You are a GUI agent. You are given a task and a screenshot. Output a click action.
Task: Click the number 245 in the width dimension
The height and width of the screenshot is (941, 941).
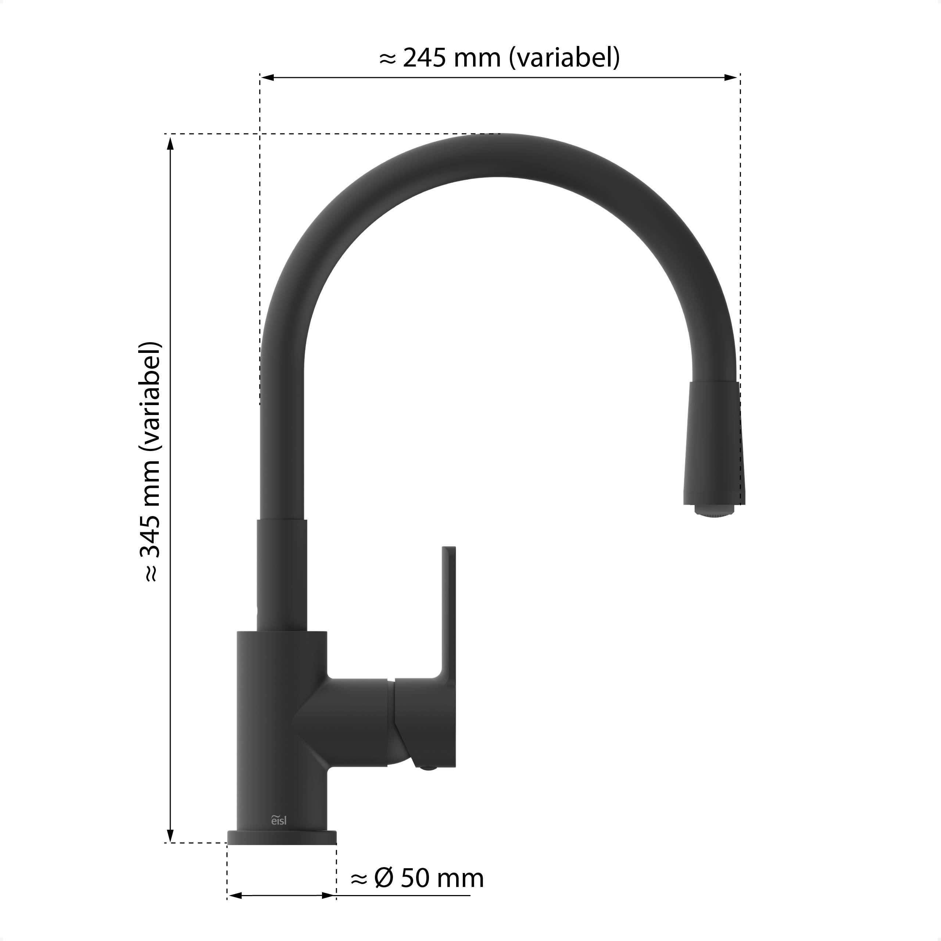pyautogui.click(x=424, y=58)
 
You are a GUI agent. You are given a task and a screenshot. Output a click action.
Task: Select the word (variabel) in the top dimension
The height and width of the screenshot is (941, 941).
pyautogui.click(x=564, y=58)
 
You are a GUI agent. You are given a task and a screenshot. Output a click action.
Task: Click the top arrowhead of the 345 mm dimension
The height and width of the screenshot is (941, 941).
pyautogui.click(x=170, y=144)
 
